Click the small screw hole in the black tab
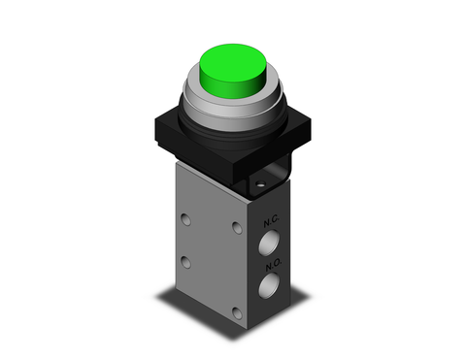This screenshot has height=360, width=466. pos(260,181)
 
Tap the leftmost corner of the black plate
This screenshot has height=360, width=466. pos(152,131)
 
